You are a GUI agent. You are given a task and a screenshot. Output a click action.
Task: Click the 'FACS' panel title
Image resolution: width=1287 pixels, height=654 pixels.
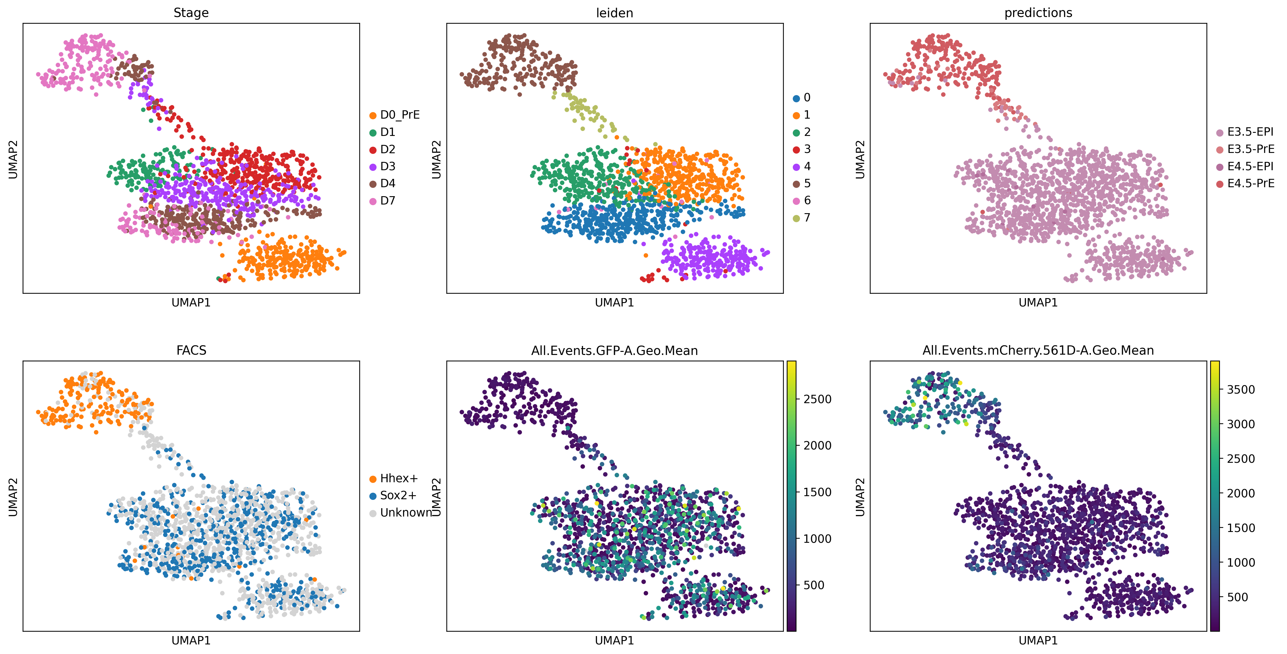point(191,350)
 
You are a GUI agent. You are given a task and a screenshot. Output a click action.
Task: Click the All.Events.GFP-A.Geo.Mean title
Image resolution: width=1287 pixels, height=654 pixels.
point(615,351)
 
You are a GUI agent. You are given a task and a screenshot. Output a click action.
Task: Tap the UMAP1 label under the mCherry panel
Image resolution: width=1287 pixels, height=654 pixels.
point(1038,640)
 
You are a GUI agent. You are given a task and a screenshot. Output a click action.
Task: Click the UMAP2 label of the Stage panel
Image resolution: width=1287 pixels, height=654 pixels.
point(13,159)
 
